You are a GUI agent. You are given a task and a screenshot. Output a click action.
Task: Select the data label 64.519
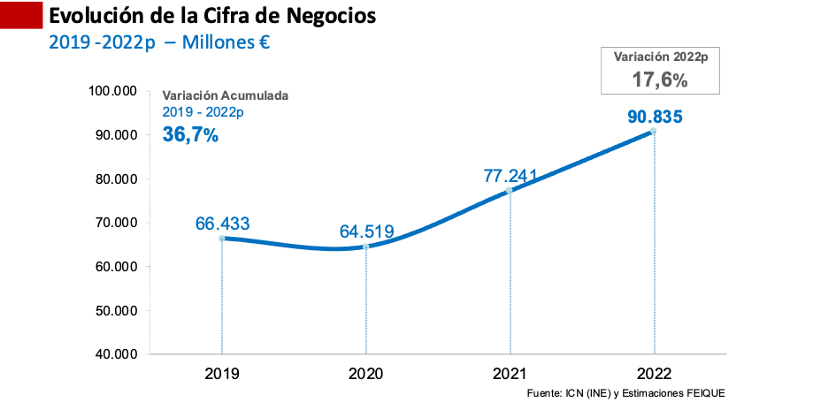pyautogui.click(x=366, y=232)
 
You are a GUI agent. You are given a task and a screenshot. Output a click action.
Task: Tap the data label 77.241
pyautogui.click(x=510, y=176)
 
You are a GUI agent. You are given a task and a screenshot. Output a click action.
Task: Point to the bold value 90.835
pyautogui.click(x=654, y=117)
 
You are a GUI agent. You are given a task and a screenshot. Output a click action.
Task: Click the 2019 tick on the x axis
pyautogui.click(x=221, y=374)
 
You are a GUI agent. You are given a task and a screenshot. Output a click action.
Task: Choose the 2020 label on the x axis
pyautogui.click(x=365, y=374)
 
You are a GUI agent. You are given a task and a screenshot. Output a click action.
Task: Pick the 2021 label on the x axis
pyautogui.click(x=510, y=374)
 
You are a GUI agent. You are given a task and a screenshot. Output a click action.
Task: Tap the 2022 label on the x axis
pyautogui.click(x=654, y=374)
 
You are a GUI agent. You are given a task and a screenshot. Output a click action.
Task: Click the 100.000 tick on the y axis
pyautogui.click(x=112, y=91)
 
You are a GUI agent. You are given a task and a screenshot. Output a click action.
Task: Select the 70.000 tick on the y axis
pyautogui.click(x=115, y=223)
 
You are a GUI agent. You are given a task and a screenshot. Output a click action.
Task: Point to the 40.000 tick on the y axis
pyautogui.click(x=115, y=354)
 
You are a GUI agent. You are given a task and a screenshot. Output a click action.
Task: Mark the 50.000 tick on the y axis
pyautogui.click(x=115, y=310)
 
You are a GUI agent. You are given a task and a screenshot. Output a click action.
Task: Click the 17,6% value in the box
pyautogui.click(x=659, y=79)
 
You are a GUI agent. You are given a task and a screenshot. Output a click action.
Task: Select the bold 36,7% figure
pyautogui.click(x=190, y=134)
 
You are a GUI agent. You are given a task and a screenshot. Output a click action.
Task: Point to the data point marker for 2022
pyautogui.click(x=654, y=131)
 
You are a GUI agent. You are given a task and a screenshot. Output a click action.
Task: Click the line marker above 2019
pyautogui.click(x=221, y=238)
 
